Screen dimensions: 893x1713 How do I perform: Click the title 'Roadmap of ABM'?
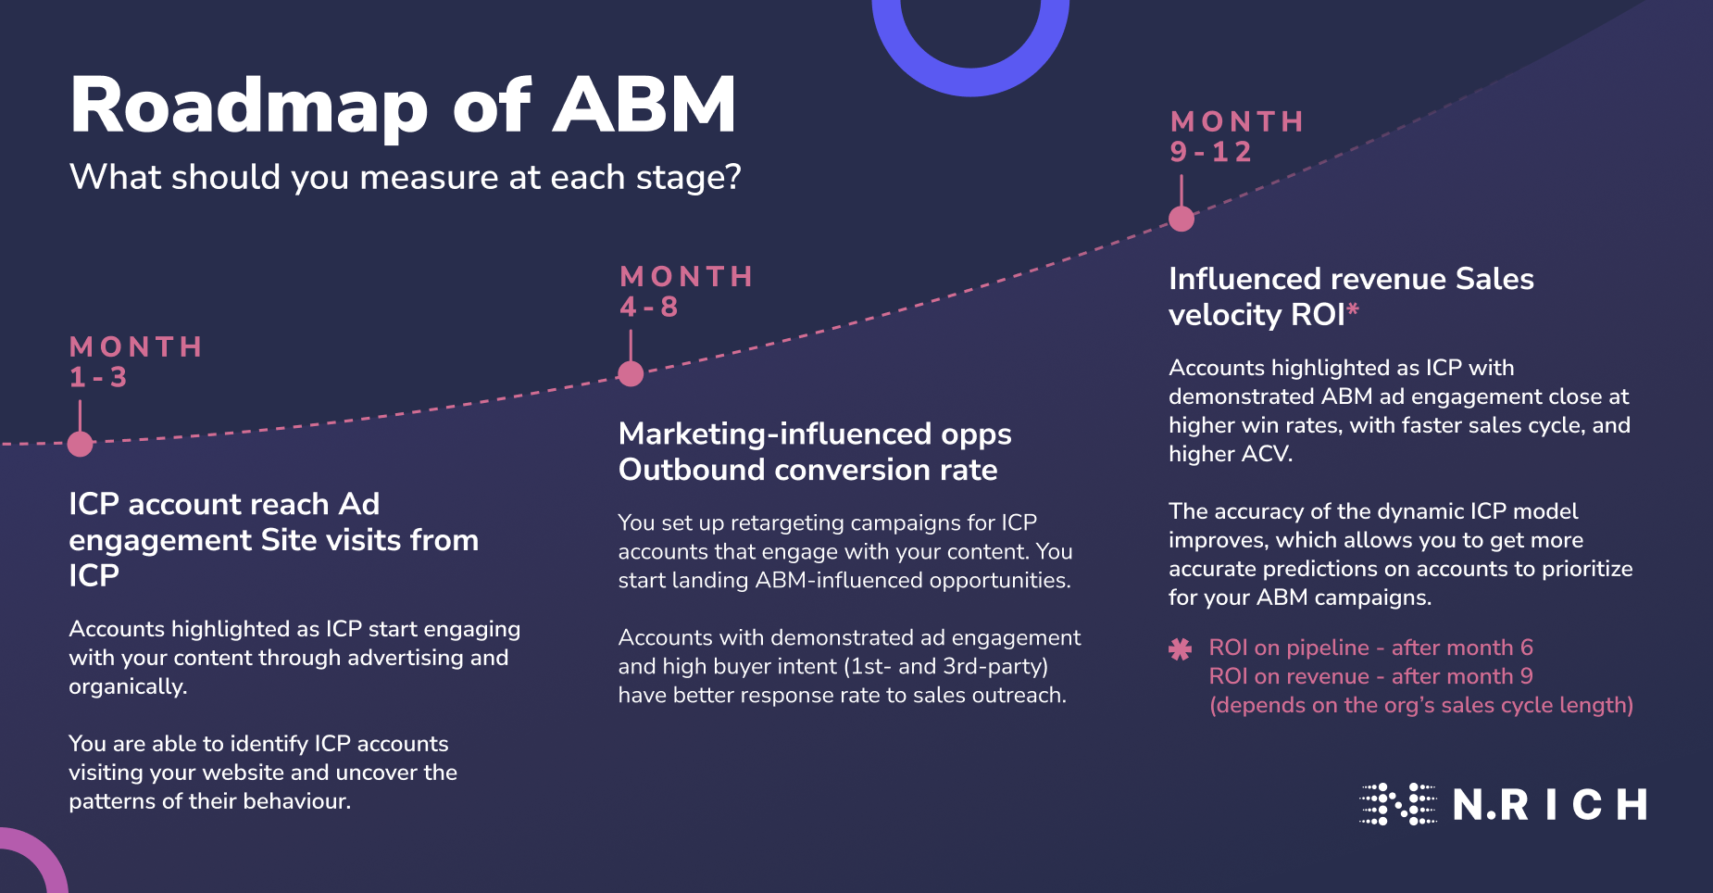tap(403, 106)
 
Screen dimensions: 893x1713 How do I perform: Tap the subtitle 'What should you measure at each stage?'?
tap(406, 177)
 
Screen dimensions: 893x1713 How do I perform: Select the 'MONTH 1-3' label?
tap(135, 362)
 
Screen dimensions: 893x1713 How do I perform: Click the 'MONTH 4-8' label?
tap(686, 292)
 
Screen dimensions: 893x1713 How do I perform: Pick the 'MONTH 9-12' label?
tap(1237, 137)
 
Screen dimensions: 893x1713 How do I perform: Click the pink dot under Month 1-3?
tap(81, 445)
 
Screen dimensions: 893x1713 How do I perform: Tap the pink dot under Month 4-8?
tap(631, 374)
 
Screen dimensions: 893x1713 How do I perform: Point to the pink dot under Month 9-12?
tap(1182, 220)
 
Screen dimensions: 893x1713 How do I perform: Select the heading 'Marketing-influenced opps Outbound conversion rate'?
tap(815, 452)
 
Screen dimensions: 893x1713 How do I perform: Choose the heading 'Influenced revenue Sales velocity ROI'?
tap(1350, 296)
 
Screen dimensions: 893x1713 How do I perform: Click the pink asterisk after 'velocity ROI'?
tap(1353, 310)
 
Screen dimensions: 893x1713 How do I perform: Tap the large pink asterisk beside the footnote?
tap(1180, 649)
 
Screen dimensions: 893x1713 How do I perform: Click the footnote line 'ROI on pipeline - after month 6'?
tap(1370, 648)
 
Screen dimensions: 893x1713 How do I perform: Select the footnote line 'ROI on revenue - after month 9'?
tap(1370, 676)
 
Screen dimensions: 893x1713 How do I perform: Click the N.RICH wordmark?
tap(1550, 805)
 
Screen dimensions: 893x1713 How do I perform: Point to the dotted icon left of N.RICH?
tap(1397, 804)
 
